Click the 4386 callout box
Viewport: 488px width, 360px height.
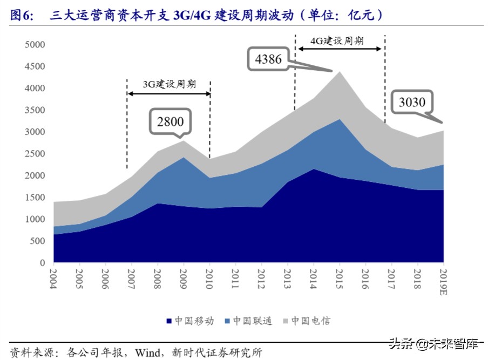tap(268, 59)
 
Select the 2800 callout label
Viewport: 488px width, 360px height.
tap(170, 121)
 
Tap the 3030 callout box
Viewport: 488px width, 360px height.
tap(412, 102)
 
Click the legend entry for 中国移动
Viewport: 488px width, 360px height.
tap(189, 321)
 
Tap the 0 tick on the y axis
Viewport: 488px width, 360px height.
tap(42, 263)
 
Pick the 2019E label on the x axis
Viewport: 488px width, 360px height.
tap(443, 281)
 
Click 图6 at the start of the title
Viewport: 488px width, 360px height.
tap(22, 16)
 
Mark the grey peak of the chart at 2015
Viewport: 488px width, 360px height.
tap(339, 72)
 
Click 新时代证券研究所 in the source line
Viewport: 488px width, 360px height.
tap(218, 352)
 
